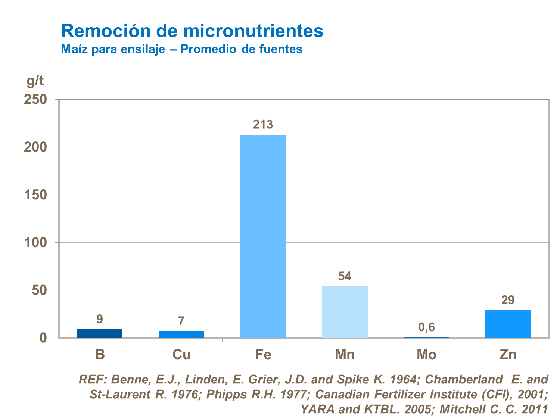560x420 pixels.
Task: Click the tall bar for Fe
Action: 263,236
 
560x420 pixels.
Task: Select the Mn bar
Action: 345,312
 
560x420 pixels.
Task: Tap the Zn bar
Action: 508,324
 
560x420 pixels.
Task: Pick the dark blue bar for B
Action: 100,333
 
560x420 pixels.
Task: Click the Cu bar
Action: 181,335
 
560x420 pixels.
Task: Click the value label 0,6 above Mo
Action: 426,327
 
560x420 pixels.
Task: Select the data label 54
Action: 345,276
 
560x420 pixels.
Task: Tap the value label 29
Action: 508,300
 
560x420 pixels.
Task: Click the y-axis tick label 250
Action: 35,100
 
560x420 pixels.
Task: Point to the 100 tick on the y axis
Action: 35,243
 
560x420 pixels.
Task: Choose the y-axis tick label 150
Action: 35,195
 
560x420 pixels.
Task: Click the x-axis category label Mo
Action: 426,354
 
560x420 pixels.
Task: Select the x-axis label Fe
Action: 263,354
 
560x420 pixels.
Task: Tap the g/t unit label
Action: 35,80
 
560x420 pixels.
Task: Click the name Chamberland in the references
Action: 464,380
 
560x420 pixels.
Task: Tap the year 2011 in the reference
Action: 535,409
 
